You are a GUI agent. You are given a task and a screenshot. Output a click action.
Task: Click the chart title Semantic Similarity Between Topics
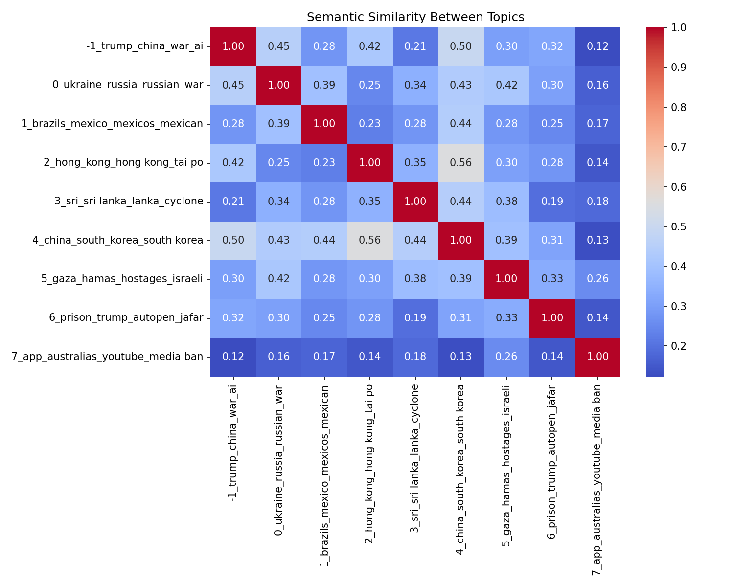click(415, 17)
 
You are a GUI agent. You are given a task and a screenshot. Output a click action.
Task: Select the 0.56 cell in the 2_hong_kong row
click(460, 163)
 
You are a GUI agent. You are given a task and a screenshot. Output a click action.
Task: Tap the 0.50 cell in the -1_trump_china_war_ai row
click(460, 46)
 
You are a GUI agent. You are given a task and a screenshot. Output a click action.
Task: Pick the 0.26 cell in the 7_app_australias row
click(506, 357)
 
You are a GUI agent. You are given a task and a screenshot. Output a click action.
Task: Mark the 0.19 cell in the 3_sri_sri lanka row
click(551, 202)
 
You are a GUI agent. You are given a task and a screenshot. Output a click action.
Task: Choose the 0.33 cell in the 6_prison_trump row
click(506, 318)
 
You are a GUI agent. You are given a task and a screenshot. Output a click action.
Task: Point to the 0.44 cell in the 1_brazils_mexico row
click(460, 124)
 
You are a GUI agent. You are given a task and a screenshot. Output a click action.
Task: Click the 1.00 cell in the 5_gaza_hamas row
click(506, 279)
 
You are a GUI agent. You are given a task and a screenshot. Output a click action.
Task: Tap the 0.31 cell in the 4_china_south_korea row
click(551, 240)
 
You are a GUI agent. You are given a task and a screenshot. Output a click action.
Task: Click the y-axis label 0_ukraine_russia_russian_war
click(128, 85)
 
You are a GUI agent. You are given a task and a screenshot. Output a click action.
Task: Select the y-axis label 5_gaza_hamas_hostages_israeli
click(122, 279)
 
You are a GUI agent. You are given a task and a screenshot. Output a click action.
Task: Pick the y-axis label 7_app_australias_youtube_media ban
click(107, 357)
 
